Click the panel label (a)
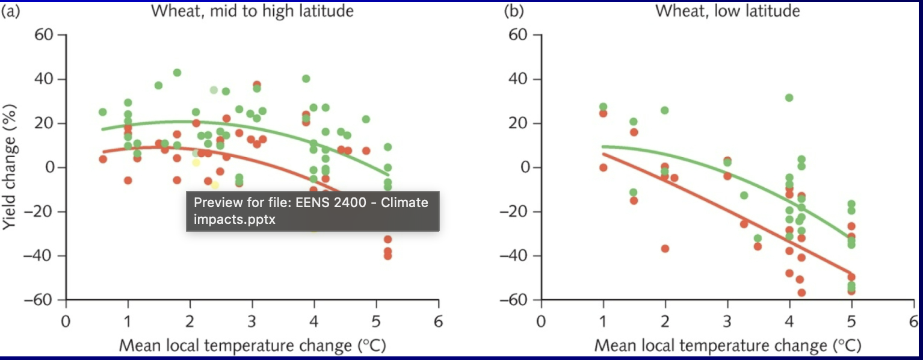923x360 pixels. click(10, 11)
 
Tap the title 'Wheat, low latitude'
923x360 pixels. click(727, 11)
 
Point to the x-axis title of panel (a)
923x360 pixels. click(252, 346)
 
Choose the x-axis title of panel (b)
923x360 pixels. click(727, 346)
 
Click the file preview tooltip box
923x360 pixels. click(312, 211)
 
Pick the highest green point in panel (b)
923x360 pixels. click(789, 98)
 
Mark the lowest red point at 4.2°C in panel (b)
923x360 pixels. click(801, 293)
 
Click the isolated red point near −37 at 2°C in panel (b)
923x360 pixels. click(665, 249)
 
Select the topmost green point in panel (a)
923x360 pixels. click(177, 73)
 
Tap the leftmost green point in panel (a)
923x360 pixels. click(102, 112)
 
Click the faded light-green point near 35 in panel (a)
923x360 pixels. click(214, 90)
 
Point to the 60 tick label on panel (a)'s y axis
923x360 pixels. click(48, 35)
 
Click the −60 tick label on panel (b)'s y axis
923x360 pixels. click(518, 300)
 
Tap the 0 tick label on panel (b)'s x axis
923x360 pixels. click(541, 320)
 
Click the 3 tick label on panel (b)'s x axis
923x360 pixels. click(727, 320)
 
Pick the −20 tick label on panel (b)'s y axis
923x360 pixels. click(518, 212)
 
